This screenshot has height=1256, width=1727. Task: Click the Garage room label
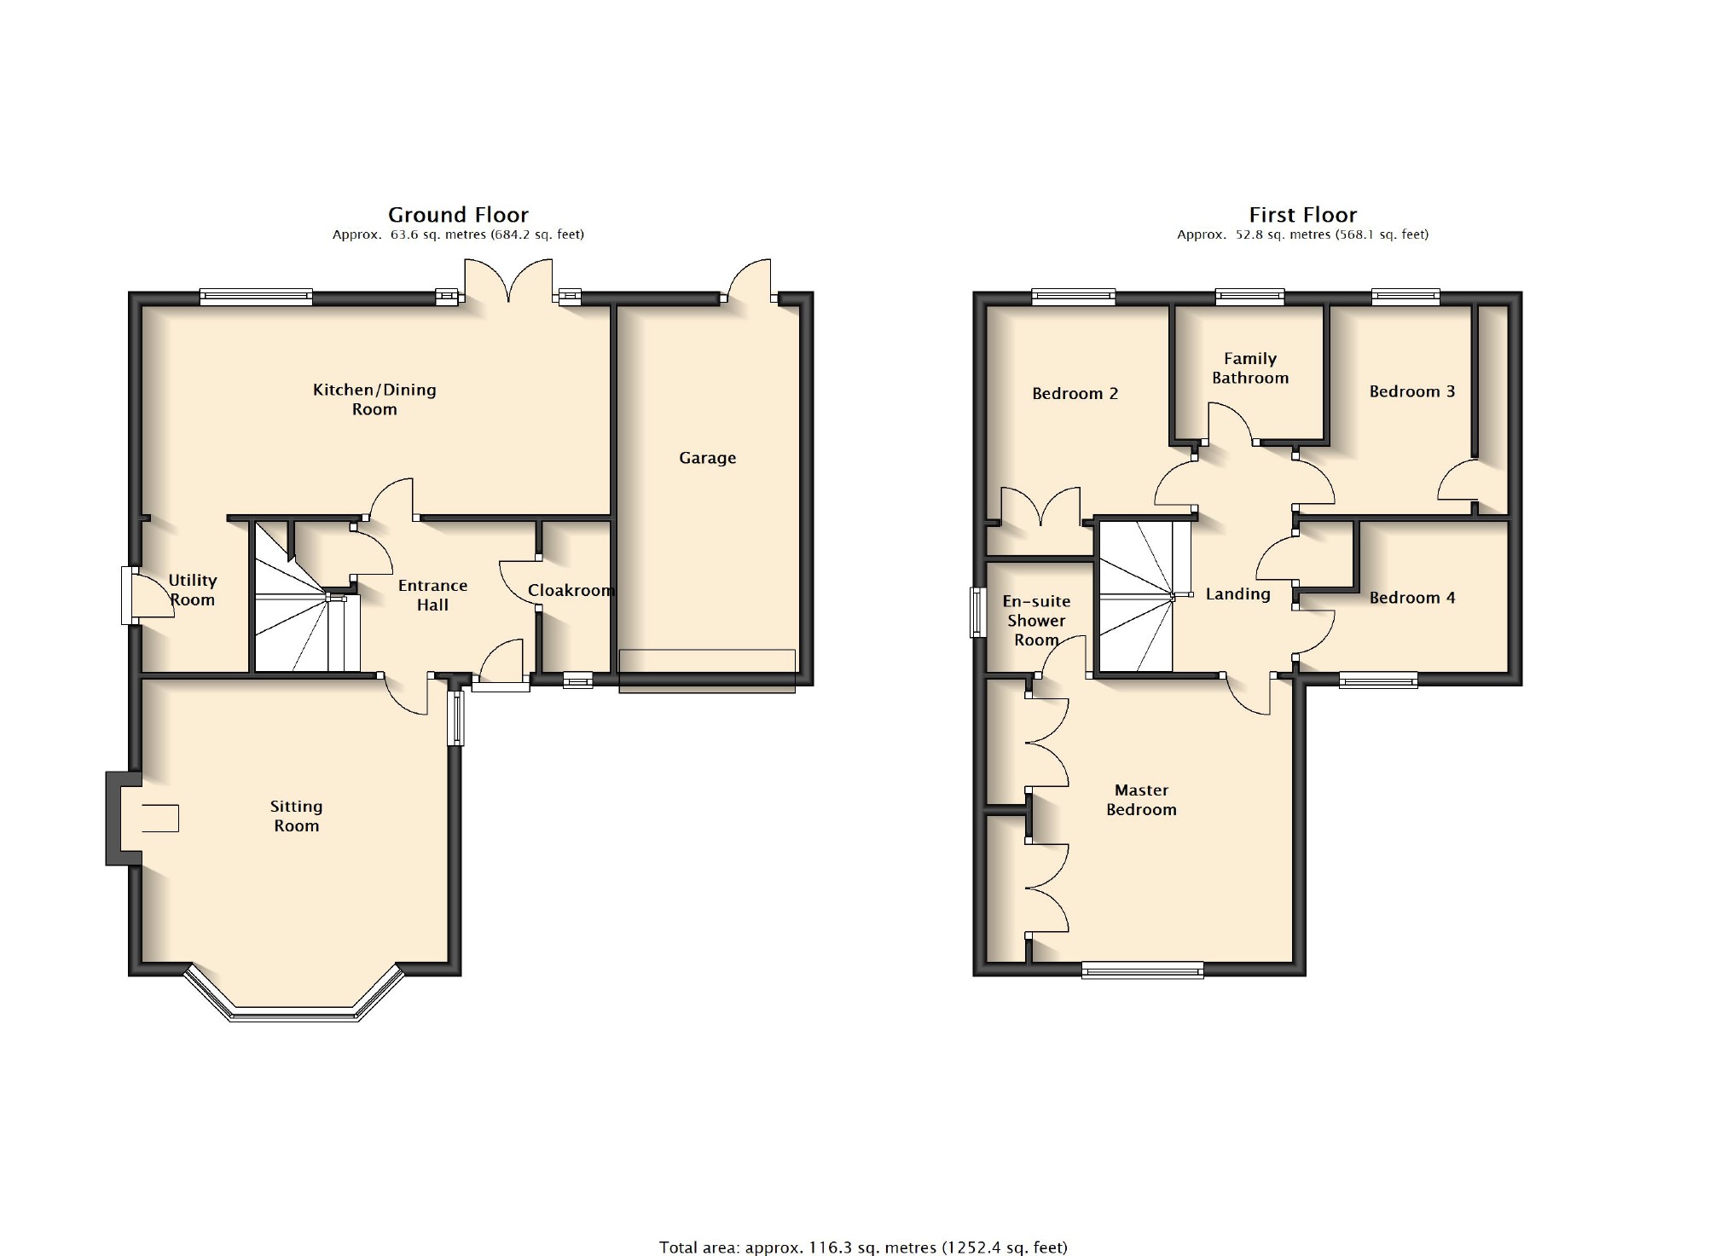[707, 458]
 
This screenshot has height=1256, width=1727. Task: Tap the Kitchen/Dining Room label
[374, 399]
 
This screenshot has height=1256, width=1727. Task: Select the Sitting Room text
[296, 816]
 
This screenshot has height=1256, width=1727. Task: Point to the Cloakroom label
[571, 590]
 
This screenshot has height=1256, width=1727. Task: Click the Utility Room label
[193, 589]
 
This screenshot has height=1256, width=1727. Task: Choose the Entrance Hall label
[432, 595]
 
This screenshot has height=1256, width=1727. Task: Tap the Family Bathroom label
[1250, 368]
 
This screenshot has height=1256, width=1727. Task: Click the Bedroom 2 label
[1075, 393]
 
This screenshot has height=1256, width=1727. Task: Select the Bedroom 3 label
[1412, 391]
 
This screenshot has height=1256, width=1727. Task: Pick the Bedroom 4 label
[1412, 598]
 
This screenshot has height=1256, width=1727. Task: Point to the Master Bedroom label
[1141, 800]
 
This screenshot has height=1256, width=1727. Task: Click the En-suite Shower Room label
[1036, 621]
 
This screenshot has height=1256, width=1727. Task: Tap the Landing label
[1237, 594]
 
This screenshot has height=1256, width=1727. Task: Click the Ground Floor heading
[458, 215]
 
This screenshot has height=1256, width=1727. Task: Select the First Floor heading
[1302, 215]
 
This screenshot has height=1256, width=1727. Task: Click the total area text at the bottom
[863, 1247]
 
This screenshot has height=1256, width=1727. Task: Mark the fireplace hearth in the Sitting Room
[159, 818]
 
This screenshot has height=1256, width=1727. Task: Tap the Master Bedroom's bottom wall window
[1143, 969]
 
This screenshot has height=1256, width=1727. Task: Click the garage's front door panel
[707, 671]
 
